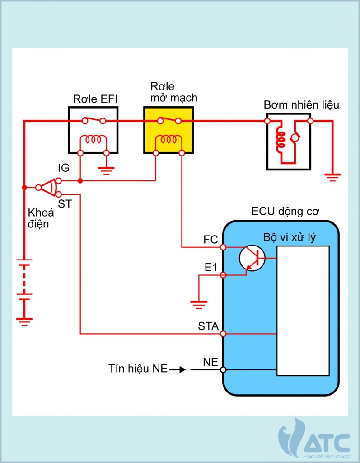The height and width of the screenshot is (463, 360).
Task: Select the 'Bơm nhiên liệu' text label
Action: coord(301,105)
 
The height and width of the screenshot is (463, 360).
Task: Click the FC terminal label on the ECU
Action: coord(210,240)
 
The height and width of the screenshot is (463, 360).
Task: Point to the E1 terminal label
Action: coord(211,267)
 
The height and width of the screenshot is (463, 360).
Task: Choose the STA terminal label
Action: coord(208,326)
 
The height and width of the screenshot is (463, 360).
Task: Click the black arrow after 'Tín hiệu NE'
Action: coord(178,369)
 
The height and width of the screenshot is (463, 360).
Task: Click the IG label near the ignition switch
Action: coord(63,168)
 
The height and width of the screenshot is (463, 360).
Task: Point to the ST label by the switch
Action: coord(65,204)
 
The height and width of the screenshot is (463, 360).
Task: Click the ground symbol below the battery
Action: coord(24,321)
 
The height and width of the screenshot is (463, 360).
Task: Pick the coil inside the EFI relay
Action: coord(93,141)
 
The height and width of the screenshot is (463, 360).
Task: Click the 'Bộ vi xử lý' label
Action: coord(289,238)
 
